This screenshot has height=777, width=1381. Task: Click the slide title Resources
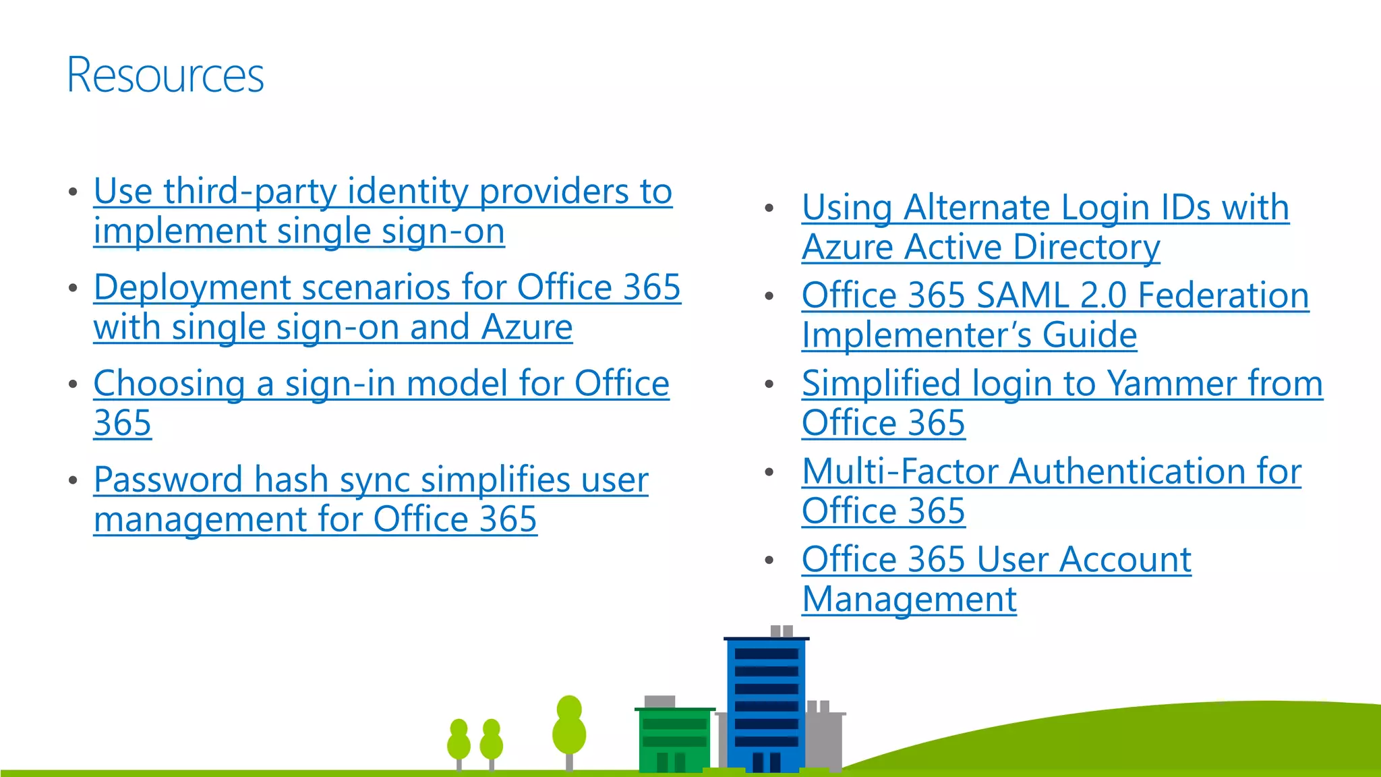pyautogui.click(x=165, y=75)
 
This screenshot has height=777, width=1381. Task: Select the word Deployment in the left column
pyautogui.click(x=192, y=288)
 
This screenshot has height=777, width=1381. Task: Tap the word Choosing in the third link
pyautogui.click(x=169, y=384)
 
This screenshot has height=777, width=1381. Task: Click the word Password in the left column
pyautogui.click(x=168, y=480)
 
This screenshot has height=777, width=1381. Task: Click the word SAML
pyautogui.click(x=1022, y=295)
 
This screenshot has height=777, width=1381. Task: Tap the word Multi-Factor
pyautogui.click(x=900, y=471)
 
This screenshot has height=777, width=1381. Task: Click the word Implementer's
pyautogui.click(x=916, y=335)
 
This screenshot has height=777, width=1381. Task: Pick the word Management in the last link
pyautogui.click(x=909, y=600)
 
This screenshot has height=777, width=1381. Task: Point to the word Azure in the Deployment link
pyautogui.click(x=527, y=328)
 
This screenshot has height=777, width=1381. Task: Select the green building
pyautogui.click(x=674, y=739)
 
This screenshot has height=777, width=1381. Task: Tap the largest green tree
pyautogui.click(x=569, y=728)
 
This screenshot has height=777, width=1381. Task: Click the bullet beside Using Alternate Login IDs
pyautogui.click(x=769, y=208)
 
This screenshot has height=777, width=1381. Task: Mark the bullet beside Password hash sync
pyautogui.click(x=73, y=480)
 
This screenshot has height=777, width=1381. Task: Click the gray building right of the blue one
pyautogui.click(x=824, y=739)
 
